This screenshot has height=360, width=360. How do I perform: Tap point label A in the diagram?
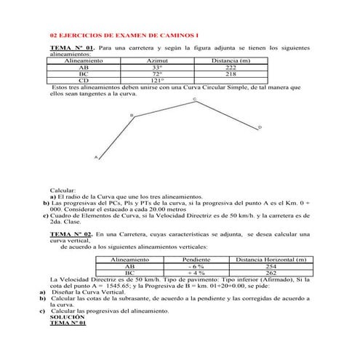(95, 157)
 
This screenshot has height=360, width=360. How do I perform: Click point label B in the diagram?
(132, 115)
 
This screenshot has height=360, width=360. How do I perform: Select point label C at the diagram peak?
(195, 99)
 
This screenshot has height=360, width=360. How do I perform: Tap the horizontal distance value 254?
(271, 266)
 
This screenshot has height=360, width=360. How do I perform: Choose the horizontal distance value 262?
(271, 273)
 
